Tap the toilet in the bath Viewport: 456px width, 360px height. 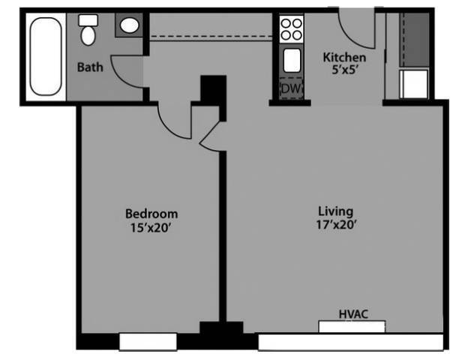point(89,28)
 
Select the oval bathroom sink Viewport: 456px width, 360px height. point(130,25)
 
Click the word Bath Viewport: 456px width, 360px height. point(90,67)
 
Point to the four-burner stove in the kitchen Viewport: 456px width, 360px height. point(290,29)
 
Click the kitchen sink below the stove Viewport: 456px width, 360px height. point(291,60)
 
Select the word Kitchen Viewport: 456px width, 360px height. point(344,57)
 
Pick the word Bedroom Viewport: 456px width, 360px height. point(151,214)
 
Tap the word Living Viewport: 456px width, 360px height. point(334,211)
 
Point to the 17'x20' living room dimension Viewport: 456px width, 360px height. point(334,224)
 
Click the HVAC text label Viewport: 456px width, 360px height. point(352,313)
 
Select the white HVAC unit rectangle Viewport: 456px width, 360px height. point(352,326)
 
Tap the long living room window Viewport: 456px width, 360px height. point(349,343)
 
